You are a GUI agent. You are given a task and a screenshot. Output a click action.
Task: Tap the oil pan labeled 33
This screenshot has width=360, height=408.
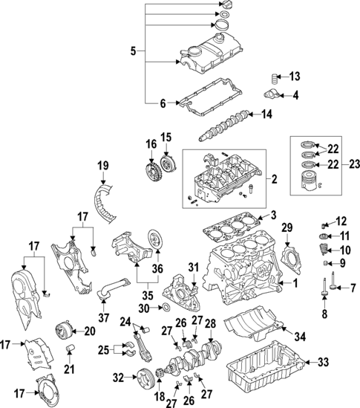pyautogui.click(x=267, y=376)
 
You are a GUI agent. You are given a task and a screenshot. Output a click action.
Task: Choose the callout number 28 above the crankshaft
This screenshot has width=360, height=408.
pyautogui.click(x=210, y=323)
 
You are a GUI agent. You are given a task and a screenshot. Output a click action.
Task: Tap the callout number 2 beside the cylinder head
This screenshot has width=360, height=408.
pyautogui.click(x=273, y=179)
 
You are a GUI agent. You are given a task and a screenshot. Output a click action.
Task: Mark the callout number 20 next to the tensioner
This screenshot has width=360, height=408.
pyautogui.click(x=89, y=331)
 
